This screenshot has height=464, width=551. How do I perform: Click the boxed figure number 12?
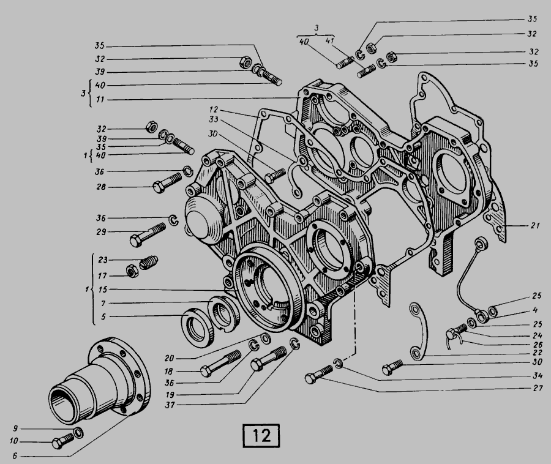261,436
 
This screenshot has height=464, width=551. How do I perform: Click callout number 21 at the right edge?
535,225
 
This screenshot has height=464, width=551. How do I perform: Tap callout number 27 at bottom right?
538,388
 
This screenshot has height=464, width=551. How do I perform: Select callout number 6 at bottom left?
15,456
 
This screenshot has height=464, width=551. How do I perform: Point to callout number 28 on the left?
101,187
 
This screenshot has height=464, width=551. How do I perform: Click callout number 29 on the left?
101,232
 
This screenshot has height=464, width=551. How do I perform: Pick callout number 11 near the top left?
100,100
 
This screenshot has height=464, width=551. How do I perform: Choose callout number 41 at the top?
329,40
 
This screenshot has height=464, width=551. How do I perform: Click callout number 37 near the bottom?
170,405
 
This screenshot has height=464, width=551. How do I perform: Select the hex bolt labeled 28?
167,182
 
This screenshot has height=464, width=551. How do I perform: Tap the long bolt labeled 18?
220,364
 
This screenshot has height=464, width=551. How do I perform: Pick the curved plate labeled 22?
419,331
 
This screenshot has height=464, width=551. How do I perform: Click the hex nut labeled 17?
132,271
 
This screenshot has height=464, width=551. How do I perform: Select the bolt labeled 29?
148,234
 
